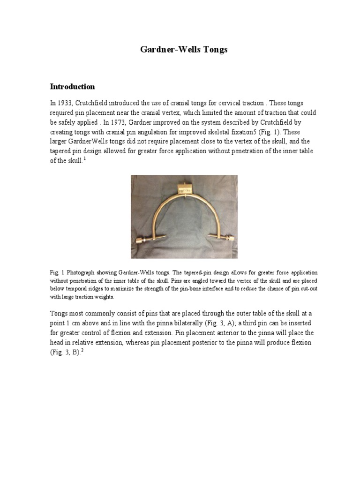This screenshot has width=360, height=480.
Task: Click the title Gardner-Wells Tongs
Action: click(184, 49)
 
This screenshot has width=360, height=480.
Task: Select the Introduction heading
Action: click(72, 87)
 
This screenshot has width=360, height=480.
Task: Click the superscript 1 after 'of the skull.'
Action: click(85, 159)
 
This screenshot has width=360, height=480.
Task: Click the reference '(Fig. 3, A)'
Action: click(229, 323)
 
